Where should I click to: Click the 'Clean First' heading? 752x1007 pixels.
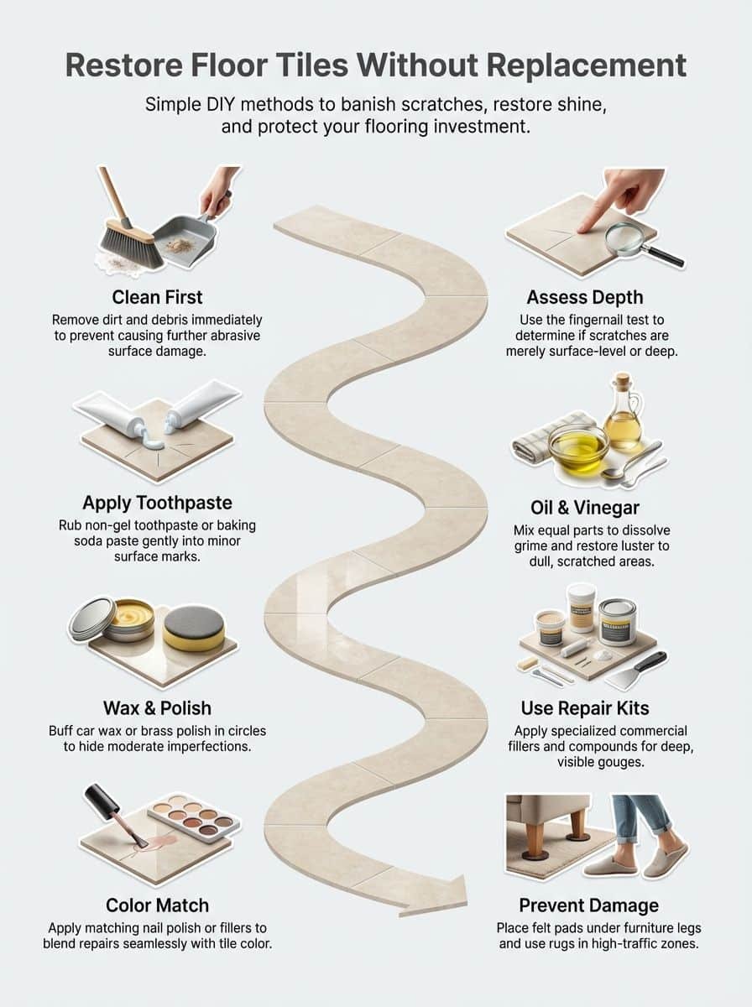coord(158,297)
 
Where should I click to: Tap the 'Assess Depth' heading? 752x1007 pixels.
coord(585,297)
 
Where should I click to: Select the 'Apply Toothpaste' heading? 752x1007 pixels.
coord(157,503)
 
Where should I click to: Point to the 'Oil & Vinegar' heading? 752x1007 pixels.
coord(585,508)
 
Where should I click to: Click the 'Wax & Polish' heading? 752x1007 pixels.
coord(158,708)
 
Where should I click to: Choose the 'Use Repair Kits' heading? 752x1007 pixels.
coord(585,708)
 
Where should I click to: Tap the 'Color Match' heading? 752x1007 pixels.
coord(158,905)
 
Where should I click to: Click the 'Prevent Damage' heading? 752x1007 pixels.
coord(588,905)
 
